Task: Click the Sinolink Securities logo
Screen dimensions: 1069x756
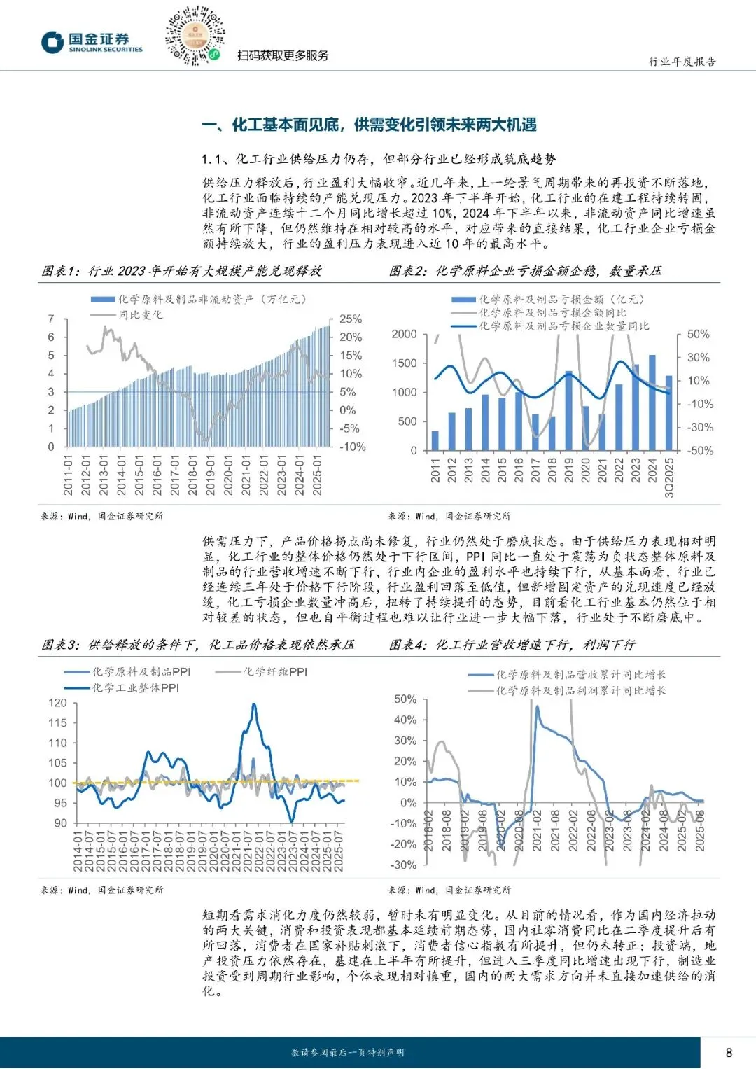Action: click(91, 42)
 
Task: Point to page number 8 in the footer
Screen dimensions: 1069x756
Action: click(729, 1052)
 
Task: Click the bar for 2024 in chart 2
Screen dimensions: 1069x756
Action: click(652, 403)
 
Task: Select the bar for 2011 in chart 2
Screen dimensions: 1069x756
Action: click(435, 440)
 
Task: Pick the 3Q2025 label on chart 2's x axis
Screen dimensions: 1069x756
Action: click(669, 478)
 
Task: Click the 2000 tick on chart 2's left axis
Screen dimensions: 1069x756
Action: click(404, 334)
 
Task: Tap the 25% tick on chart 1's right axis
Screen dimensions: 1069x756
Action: click(351, 319)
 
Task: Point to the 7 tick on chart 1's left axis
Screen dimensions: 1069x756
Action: click(51, 319)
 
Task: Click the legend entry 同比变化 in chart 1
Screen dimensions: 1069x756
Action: click(140, 315)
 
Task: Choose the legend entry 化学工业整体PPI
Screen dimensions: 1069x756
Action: click(136, 688)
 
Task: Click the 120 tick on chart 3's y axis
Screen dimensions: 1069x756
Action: click(57, 703)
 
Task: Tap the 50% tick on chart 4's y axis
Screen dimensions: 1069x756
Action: click(405, 699)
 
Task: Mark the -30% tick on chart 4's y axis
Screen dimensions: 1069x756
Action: click(403, 865)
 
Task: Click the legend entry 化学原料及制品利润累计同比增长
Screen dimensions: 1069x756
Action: click(581, 691)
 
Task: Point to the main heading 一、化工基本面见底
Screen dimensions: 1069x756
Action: click(369, 125)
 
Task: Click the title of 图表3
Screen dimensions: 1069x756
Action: click(197, 645)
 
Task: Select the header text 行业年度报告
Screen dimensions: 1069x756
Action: click(682, 62)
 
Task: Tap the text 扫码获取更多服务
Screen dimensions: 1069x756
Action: click(283, 55)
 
